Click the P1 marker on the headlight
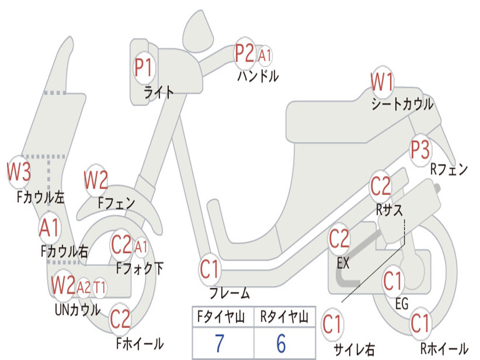pos(144,68)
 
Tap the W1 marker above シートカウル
pos(382,83)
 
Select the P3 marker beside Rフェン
pos(420,150)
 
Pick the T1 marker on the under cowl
pos(99,287)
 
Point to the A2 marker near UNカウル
pos(83,287)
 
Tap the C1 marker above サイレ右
pos(332,325)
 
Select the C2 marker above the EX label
pos(339,240)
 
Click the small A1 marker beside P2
pos(265,55)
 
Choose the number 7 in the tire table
pos(219,344)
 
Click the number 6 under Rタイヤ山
pos(281,344)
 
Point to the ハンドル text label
pos(258,75)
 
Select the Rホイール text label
pos(444,349)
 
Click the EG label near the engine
pos(402,304)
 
